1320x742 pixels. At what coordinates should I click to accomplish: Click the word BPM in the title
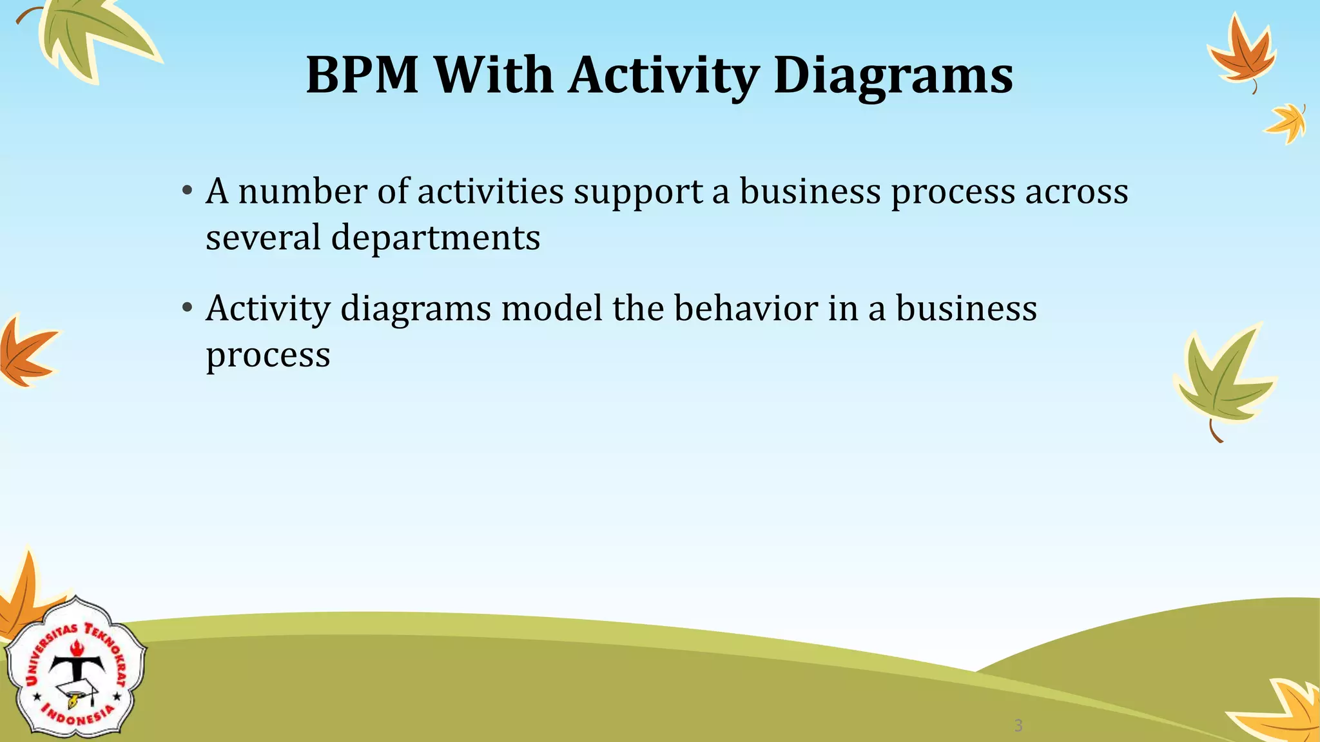pos(362,75)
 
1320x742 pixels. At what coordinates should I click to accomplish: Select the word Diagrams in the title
pos(893,75)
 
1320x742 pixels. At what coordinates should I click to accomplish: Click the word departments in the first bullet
pos(436,238)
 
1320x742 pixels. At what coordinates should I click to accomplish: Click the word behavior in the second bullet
pos(746,308)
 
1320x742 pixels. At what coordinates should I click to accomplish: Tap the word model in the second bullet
pos(552,308)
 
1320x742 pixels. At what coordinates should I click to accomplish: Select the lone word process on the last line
pos(268,356)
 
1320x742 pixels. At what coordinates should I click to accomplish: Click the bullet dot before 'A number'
pos(187,191)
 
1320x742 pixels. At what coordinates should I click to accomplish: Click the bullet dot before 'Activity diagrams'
pos(187,308)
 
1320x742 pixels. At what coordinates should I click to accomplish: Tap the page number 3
pos(1018,726)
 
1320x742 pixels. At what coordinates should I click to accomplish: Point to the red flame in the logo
pos(77,647)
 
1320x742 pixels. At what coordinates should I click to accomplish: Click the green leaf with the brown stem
pos(1221,380)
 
